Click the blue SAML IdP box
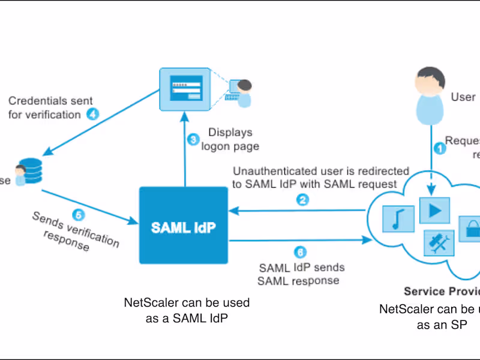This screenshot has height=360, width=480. coord(184,226)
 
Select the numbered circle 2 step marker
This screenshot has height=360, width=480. coord(304,200)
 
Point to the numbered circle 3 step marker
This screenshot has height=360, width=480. coord(193,140)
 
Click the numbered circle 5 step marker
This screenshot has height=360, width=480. coord(77,214)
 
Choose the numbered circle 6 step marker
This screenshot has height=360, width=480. coord(301,252)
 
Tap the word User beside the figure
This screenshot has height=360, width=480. coord(463,97)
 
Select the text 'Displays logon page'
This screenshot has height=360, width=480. coord(230,139)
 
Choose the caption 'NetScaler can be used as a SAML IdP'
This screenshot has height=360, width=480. coord(187,310)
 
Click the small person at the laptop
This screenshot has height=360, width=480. coord(242,93)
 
